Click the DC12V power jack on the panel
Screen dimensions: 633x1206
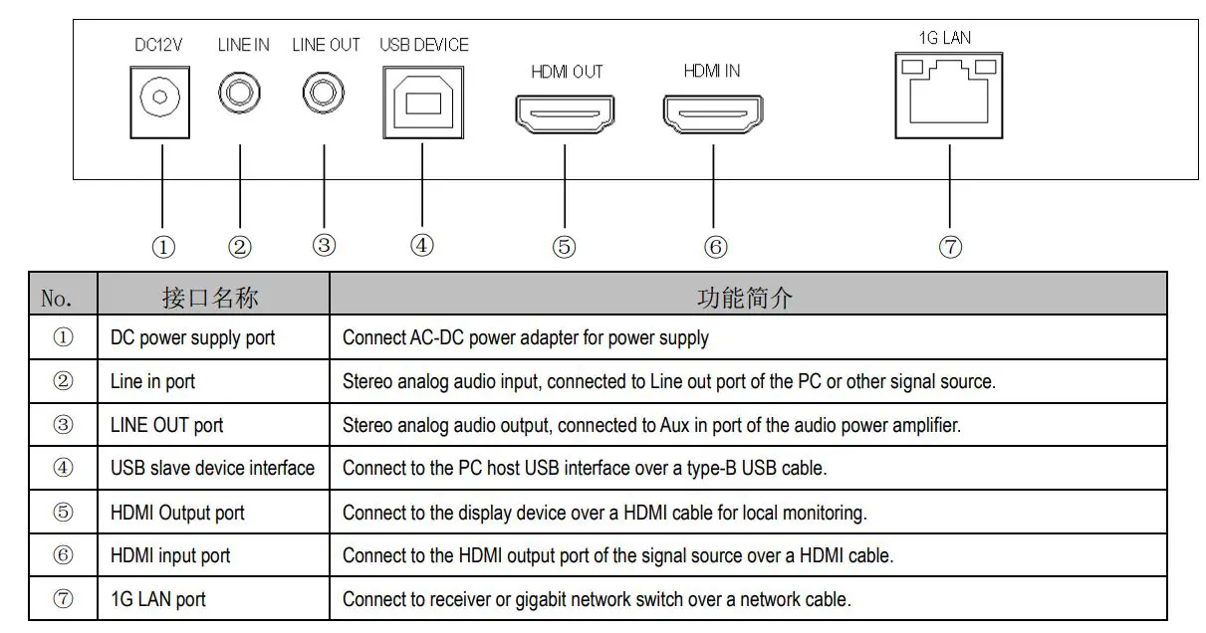[x=159, y=101]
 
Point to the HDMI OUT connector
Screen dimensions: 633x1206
[x=565, y=112]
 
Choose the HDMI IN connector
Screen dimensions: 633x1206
[x=713, y=111]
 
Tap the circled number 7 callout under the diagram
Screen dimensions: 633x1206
[x=950, y=248]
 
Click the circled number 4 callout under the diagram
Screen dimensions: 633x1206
[x=422, y=246]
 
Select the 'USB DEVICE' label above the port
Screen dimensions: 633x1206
[x=423, y=46]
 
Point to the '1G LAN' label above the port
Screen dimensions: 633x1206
[x=944, y=38]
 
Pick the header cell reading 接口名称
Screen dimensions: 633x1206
[x=214, y=297]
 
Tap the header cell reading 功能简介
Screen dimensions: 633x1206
[x=747, y=297]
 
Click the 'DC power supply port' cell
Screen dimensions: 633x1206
[x=192, y=338]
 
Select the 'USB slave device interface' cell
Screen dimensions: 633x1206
[x=212, y=468]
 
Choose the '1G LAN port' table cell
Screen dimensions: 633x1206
[x=158, y=599]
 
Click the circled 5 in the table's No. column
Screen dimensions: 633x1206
[x=64, y=513]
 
